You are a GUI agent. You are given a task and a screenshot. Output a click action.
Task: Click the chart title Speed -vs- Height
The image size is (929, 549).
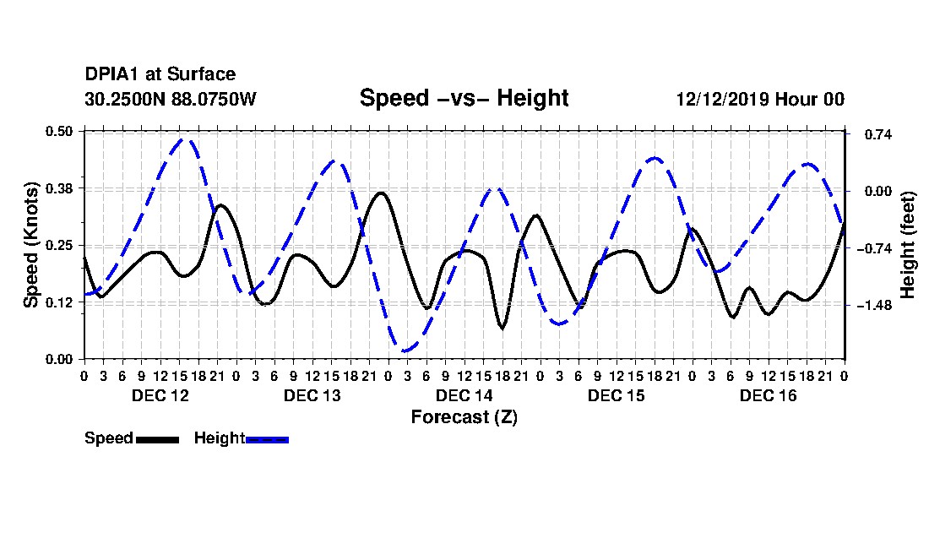point(464,98)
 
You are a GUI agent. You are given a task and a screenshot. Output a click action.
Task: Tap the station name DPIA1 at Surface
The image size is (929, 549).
point(160,74)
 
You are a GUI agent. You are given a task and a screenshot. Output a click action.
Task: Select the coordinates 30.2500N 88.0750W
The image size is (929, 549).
point(170,99)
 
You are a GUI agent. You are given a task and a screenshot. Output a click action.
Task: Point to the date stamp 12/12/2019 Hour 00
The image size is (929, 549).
point(760,99)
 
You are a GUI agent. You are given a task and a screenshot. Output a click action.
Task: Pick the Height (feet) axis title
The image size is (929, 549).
point(907,245)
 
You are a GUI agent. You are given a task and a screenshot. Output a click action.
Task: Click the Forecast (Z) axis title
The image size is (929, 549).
point(464,417)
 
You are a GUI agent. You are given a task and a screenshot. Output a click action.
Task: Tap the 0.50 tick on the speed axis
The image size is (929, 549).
point(58,131)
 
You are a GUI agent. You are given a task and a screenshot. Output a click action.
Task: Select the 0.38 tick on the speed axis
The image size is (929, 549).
point(58,188)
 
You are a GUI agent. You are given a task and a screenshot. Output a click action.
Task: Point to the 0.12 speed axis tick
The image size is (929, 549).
point(58,302)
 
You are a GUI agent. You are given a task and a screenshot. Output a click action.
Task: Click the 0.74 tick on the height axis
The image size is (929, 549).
point(877,134)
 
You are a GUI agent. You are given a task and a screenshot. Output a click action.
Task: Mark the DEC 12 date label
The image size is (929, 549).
point(160,395)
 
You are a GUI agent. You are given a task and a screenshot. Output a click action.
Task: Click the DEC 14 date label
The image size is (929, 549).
point(464,395)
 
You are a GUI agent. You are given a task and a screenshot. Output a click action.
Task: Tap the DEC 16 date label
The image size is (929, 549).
point(768,395)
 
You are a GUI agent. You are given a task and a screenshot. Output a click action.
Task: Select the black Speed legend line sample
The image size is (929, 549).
point(157,439)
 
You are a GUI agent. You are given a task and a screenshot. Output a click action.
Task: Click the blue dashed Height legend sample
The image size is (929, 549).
point(267,439)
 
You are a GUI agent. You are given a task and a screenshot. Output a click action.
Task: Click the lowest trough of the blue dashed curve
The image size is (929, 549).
point(406,351)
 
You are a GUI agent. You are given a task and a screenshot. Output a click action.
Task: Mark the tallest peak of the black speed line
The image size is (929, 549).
point(381,193)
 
